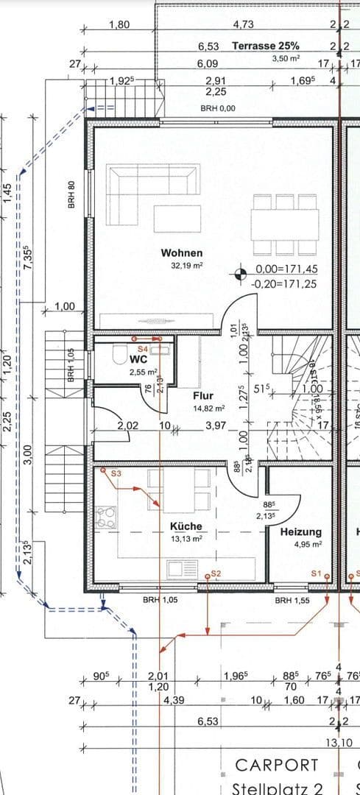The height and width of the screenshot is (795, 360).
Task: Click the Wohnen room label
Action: click(x=182, y=253)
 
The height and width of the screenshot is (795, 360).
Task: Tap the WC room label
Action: click(x=138, y=361)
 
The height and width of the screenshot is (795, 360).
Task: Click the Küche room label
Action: click(x=186, y=527)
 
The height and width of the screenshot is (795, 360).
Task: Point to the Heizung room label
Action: click(x=300, y=532)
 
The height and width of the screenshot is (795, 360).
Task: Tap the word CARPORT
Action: click(x=277, y=766)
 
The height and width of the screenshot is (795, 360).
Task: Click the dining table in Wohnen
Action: click(x=286, y=219)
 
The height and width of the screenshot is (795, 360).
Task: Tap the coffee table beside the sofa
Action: click(x=172, y=218)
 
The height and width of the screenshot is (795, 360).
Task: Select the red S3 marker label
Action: click(x=116, y=475)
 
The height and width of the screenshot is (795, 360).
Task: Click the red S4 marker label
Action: click(x=143, y=348)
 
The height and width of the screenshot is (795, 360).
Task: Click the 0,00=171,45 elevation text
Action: click(x=286, y=270)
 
